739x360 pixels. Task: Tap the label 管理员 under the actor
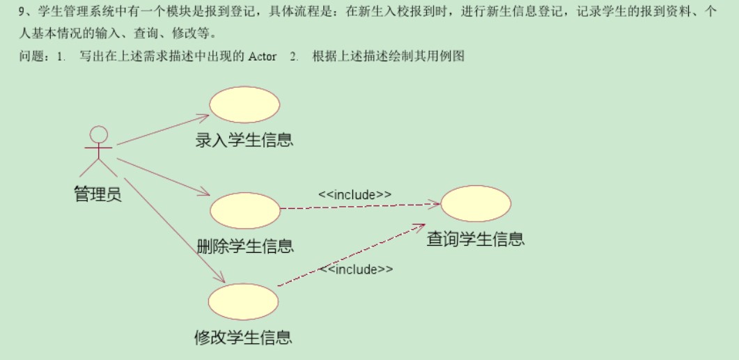98,194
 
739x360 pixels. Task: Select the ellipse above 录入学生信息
244,105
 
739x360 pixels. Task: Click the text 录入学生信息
244,140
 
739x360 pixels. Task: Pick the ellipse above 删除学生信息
244,210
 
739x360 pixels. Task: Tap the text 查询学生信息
476,240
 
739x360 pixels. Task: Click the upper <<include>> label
355,194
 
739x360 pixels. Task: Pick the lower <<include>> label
356,269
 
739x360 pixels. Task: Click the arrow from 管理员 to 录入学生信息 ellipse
163,130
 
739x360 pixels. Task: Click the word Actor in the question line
262,57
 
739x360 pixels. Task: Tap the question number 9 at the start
22,13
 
